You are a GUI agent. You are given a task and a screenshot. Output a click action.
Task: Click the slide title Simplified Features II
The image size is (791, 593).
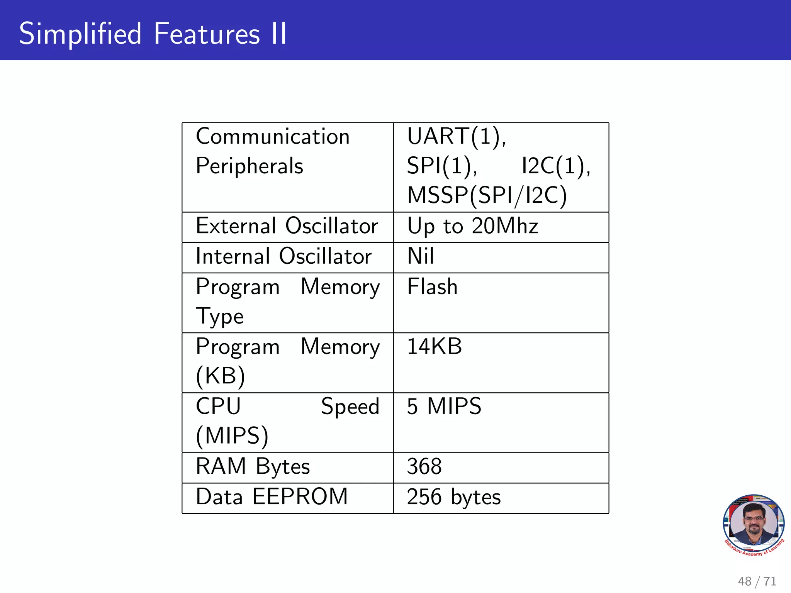pyautogui.click(x=153, y=34)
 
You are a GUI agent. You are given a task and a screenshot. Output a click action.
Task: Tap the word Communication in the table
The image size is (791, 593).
pyautogui.click(x=273, y=137)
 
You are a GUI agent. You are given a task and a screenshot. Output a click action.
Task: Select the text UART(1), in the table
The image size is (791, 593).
pyautogui.click(x=457, y=137)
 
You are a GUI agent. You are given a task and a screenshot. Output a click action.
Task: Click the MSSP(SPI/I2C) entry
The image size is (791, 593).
pyautogui.click(x=487, y=195)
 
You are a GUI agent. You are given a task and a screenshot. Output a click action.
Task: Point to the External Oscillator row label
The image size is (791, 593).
pyautogui.click(x=287, y=226)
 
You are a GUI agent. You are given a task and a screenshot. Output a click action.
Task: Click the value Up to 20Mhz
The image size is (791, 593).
pyautogui.click(x=472, y=226)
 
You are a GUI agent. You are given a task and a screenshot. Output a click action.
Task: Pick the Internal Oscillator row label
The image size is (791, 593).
pyautogui.click(x=283, y=256)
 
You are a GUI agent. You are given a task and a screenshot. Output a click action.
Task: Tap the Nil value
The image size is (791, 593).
pyautogui.click(x=421, y=256)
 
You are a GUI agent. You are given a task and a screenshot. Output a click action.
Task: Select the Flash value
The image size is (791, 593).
pyautogui.click(x=432, y=287)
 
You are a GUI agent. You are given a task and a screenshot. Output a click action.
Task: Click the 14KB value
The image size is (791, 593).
pyautogui.click(x=434, y=346)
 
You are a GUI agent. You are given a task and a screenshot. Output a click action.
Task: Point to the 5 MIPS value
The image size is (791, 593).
pyautogui.click(x=444, y=407)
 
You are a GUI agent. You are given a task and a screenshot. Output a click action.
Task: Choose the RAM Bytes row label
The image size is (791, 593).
pyautogui.click(x=253, y=466)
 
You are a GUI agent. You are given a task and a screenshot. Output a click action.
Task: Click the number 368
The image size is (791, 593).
pyautogui.click(x=424, y=467)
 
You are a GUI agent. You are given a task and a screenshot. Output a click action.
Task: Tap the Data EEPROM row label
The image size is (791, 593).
pyautogui.click(x=272, y=497)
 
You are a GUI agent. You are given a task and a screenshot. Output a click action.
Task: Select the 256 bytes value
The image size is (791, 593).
pyautogui.click(x=453, y=497)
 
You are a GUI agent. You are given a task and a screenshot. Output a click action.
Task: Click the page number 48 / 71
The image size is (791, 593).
pyautogui.click(x=757, y=581)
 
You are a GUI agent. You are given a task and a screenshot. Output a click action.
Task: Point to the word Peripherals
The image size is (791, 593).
pyautogui.click(x=250, y=166)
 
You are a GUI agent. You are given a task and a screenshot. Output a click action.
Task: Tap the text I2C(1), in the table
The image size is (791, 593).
pyautogui.click(x=556, y=166)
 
